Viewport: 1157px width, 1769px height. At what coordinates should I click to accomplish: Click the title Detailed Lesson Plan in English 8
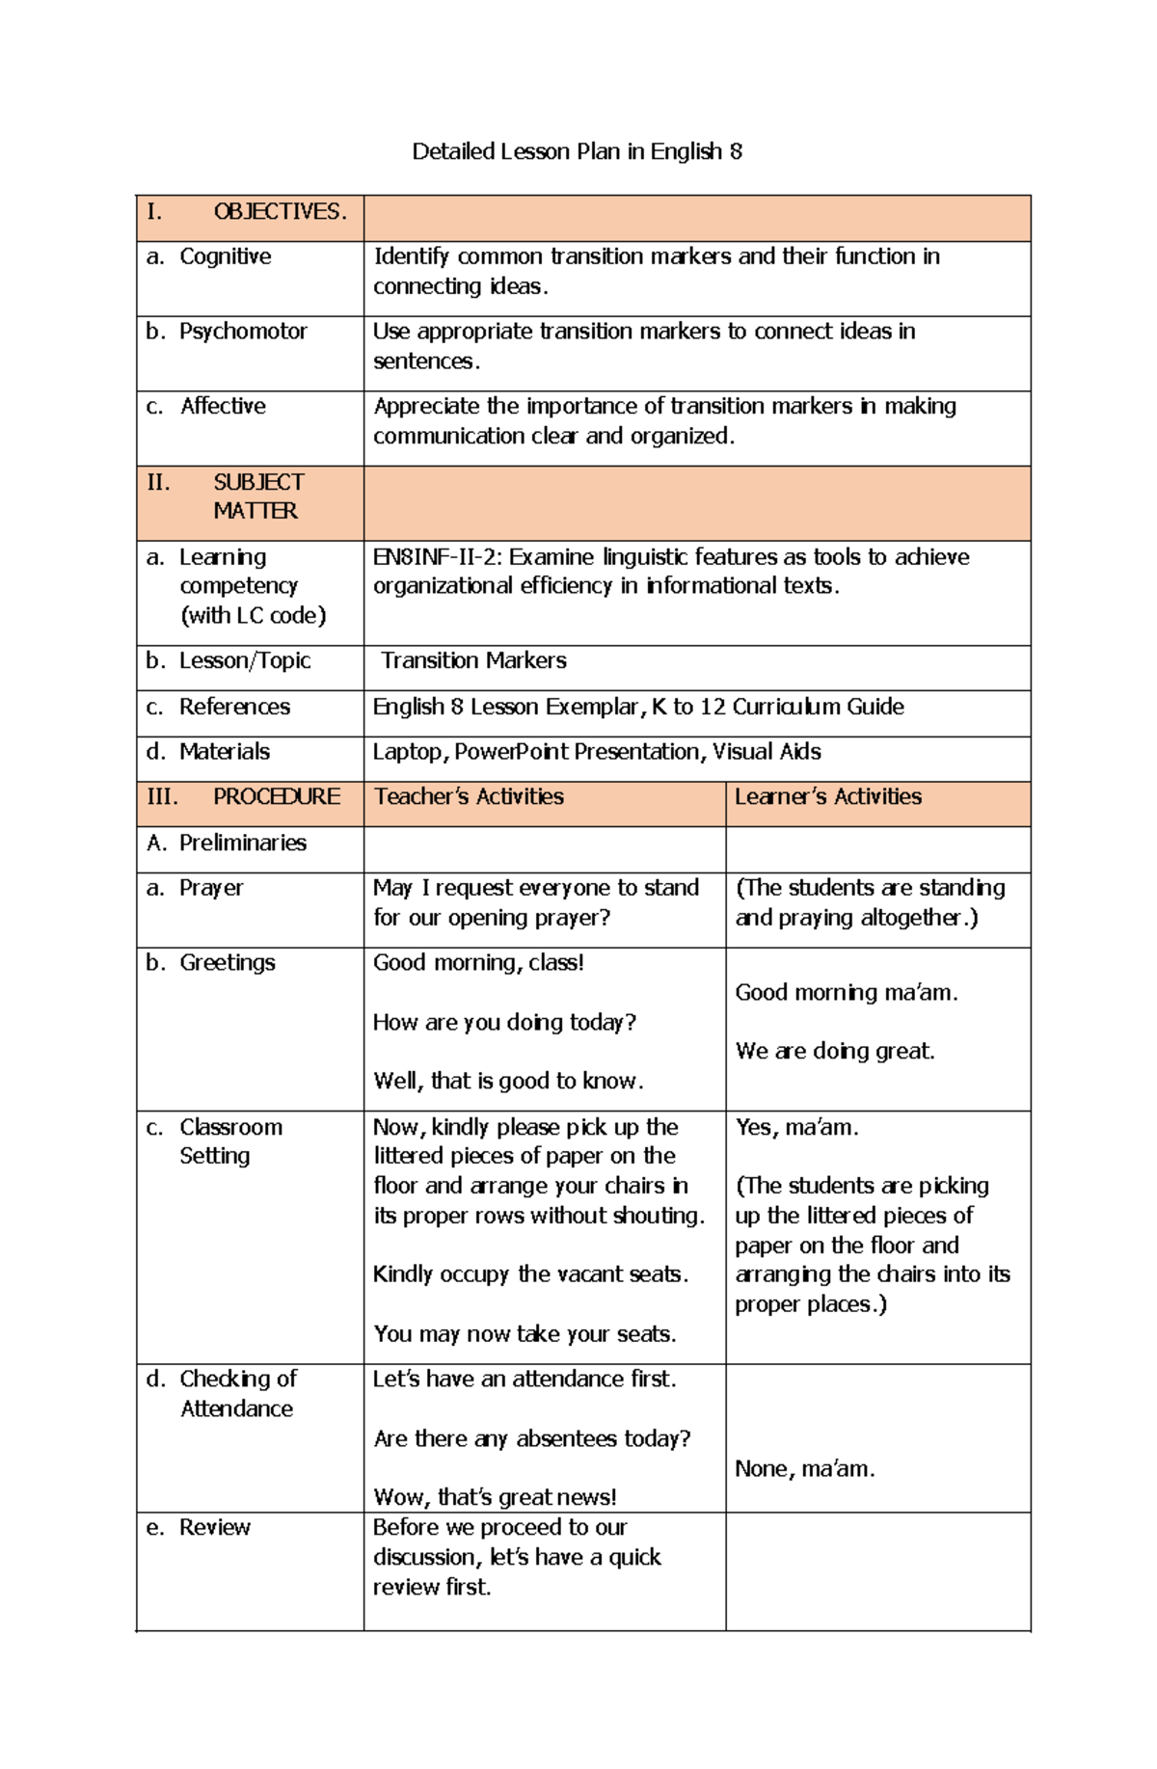click(577, 151)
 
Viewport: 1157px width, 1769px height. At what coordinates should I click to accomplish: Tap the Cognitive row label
click(225, 256)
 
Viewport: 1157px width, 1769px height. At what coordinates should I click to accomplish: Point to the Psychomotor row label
click(243, 332)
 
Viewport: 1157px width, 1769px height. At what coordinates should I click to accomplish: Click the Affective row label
click(223, 406)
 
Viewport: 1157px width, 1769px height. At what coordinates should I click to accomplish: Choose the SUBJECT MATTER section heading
click(257, 496)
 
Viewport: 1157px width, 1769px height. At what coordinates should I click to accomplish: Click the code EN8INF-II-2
click(438, 557)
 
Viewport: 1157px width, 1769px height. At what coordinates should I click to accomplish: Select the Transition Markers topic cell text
click(473, 660)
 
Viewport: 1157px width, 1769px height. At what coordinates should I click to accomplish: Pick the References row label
click(234, 707)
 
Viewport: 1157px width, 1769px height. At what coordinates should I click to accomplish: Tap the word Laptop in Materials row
click(407, 752)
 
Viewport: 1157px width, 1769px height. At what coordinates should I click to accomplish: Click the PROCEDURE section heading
click(277, 796)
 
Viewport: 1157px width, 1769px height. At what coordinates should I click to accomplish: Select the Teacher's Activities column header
click(469, 796)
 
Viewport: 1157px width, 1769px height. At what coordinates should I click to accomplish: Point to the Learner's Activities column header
click(827, 796)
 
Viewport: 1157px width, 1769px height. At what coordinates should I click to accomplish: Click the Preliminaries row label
click(242, 843)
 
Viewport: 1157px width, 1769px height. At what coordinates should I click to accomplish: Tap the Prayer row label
click(211, 888)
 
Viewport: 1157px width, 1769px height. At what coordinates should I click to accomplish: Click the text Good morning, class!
click(478, 962)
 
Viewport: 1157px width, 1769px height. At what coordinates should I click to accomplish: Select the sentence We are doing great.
click(835, 1051)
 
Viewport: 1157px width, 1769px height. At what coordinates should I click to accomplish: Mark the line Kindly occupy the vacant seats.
click(530, 1274)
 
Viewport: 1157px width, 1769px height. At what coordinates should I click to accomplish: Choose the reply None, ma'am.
click(804, 1469)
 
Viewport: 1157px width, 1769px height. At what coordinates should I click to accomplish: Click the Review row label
click(214, 1528)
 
